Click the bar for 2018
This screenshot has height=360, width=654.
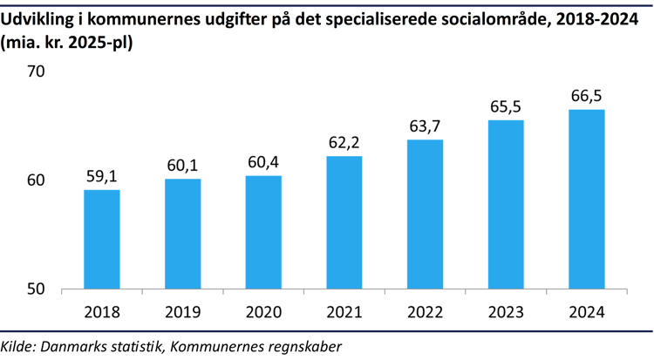coord(101,239)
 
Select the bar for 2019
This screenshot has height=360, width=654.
coord(182,234)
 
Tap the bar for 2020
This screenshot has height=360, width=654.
coord(263,232)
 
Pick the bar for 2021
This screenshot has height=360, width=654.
coord(344,222)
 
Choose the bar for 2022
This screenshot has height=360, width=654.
coord(425,214)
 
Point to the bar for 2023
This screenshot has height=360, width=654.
coord(506,204)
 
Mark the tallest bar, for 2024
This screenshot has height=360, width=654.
coord(586,199)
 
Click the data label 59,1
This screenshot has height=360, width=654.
coord(101,176)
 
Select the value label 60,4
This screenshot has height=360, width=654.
coord(263,162)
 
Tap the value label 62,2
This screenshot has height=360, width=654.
coord(344,142)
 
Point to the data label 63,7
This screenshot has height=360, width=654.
coord(425,126)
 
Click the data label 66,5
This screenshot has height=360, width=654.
coord(586,95)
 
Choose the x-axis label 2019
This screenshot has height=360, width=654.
coord(182,311)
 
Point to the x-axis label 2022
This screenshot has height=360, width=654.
coord(425,311)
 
